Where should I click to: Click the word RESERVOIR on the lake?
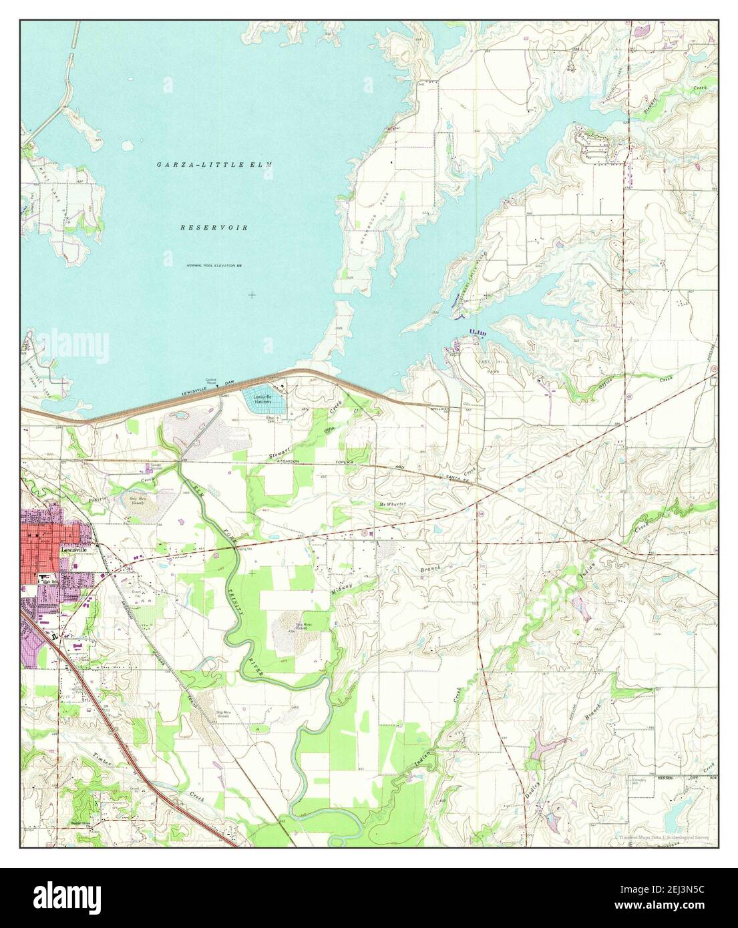[x=214, y=228]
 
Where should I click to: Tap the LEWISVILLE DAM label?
[x=220, y=390]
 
